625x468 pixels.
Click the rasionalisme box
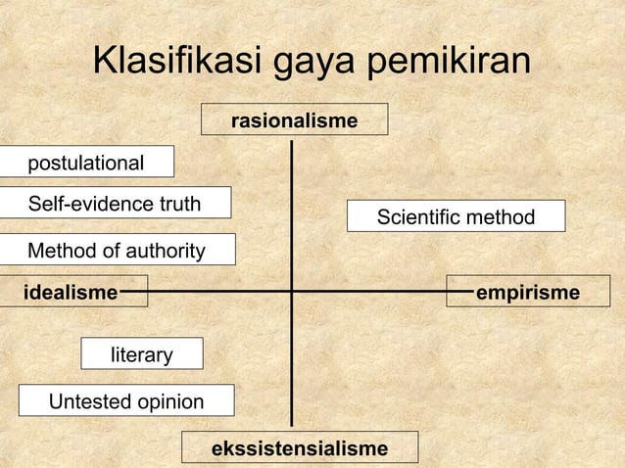pos(294,119)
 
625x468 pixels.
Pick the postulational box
pos(86,163)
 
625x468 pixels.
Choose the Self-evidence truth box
pos(115,204)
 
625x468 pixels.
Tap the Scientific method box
pos(457,216)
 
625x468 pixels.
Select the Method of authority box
pos(117,251)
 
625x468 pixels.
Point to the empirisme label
pos(526,292)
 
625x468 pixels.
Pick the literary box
pos(141,354)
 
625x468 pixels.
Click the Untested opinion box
pos(126,401)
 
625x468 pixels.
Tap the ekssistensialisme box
pos(300,448)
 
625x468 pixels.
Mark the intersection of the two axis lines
pos(292,291)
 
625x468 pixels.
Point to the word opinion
pos(169,402)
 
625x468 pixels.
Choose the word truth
pos(177,204)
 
